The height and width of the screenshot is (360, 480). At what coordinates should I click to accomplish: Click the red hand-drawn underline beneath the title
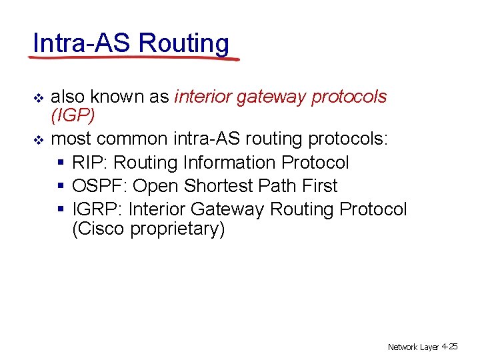point(133,58)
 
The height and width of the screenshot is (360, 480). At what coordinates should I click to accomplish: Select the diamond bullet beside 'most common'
point(38,141)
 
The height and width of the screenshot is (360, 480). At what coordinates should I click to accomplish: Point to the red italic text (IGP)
point(73,116)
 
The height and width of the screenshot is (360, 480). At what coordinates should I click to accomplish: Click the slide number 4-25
point(449,347)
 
